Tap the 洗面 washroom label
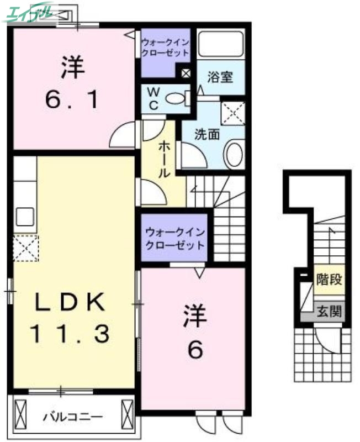207,134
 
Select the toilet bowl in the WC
176,99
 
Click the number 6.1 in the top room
73,100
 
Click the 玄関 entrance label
329,312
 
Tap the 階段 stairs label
329,280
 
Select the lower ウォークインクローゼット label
174,239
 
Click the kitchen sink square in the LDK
25,217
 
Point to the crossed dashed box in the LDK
25,248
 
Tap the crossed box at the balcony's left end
20,412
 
